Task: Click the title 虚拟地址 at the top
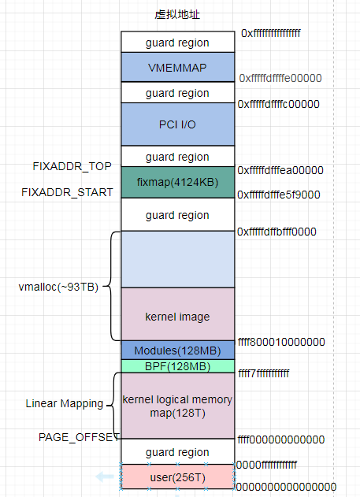pyautogui.click(x=177, y=15)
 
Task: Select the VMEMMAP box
pyautogui.click(x=177, y=68)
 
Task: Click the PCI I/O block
pyautogui.click(x=177, y=124)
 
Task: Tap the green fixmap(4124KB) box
pyautogui.click(x=177, y=181)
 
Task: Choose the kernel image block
pyautogui.click(x=177, y=317)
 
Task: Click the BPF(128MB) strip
pyautogui.click(x=177, y=366)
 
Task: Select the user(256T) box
pyautogui.click(x=177, y=476)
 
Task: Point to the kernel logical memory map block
pyautogui.click(x=177, y=406)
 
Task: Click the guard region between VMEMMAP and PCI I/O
pyautogui.click(x=177, y=93)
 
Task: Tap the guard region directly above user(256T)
pyautogui.click(x=177, y=452)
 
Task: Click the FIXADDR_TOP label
pyautogui.click(x=72, y=166)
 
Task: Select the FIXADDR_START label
pyautogui.click(x=68, y=191)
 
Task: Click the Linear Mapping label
pyautogui.click(x=64, y=403)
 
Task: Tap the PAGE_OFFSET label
pyautogui.click(x=78, y=436)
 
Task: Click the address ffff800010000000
pyautogui.click(x=280, y=342)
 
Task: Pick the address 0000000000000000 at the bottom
pyautogui.click(x=287, y=486)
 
